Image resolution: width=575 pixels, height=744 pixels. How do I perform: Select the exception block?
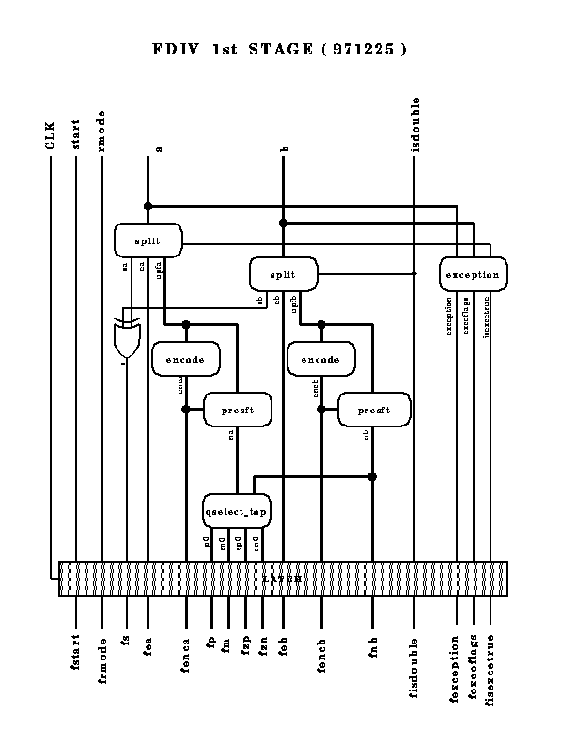pos(474,274)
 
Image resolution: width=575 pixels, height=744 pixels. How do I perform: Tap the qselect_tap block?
pos(237,511)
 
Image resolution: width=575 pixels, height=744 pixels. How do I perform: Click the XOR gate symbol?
pos(126,339)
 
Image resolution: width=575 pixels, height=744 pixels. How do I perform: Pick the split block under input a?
pos(148,240)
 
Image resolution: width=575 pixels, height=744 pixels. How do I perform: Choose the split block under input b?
pos(283,274)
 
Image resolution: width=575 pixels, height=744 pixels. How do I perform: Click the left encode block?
pos(185,359)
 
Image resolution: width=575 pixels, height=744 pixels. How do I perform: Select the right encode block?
pos(320,359)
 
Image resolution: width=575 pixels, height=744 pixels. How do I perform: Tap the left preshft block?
pos(237,410)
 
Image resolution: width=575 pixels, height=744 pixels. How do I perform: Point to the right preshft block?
pos(373,410)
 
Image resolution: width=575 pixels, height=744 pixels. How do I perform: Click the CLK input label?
pos(51,134)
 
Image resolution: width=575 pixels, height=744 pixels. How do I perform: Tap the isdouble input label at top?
pos(415,123)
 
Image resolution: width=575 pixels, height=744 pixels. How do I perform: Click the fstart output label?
pos(76,652)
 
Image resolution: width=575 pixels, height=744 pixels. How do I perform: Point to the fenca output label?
pos(186,654)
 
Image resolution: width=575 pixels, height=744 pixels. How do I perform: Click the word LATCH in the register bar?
pos(282,580)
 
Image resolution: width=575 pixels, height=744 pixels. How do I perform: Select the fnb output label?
pos(373,645)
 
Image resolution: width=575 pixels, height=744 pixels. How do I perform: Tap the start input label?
pos(77,133)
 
